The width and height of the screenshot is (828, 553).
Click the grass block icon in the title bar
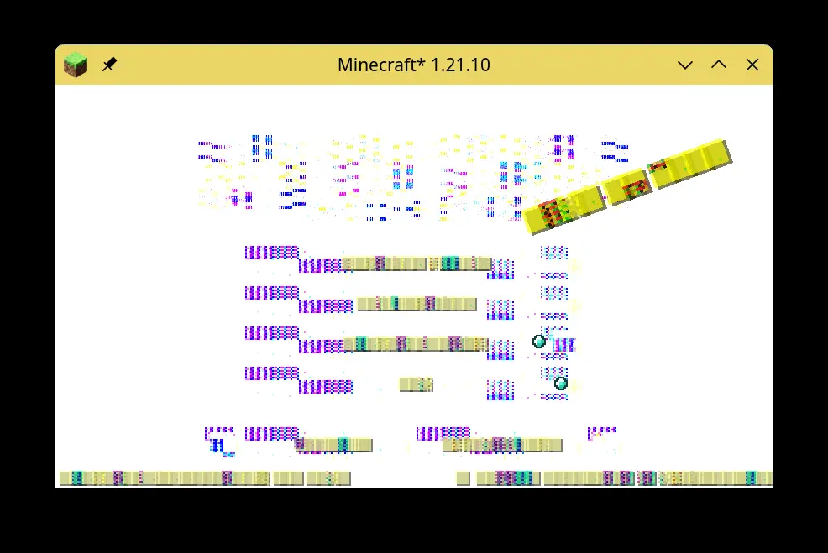pyautogui.click(x=76, y=65)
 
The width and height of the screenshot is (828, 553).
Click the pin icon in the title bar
pyautogui.click(x=109, y=65)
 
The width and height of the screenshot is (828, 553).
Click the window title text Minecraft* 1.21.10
pyautogui.click(x=413, y=65)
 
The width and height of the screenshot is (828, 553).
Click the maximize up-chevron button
pyautogui.click(x=719, y=65)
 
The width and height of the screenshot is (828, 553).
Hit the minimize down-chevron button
pyautogui.click(x=685, y=65)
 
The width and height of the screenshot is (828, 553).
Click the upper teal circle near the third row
pyautogui.click(x=539, y=341)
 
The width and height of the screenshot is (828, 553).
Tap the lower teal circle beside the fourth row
pyautogui.click(x=560, y=383)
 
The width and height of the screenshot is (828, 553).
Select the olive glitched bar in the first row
pyautogui.click(x=417, y=263)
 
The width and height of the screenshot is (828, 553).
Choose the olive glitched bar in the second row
pyautogui.click(x=417, y=303)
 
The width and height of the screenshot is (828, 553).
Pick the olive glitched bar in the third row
pyautogui.click(x=417, y=343)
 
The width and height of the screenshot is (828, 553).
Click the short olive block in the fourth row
pyautogui.click(x=416, y=384)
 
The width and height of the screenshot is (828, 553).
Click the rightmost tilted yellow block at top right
pyautogui.click(x=693, y=163)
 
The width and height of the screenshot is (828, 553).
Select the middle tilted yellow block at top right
pyautogui.click(x=629, y=186)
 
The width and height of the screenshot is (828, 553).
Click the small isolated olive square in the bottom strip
pyautogui.click(x=463, y=478)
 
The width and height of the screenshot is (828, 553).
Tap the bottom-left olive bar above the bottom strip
pyautogui.click(x=334, y=445)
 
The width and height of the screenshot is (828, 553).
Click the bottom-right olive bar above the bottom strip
pyautogui.click(x=502, y=445)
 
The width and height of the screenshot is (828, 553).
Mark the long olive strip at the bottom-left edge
pyautogui.click(x=165, y=478)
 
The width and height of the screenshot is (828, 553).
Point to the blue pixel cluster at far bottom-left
pyautogui.click(x=220, y=446)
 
